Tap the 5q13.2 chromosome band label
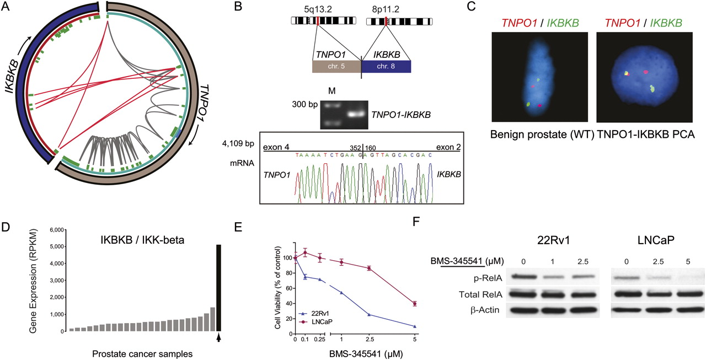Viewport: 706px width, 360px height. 319,9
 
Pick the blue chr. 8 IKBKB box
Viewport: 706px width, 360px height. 386,66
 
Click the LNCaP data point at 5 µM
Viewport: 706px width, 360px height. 414,303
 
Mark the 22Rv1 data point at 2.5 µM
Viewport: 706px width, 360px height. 368,315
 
